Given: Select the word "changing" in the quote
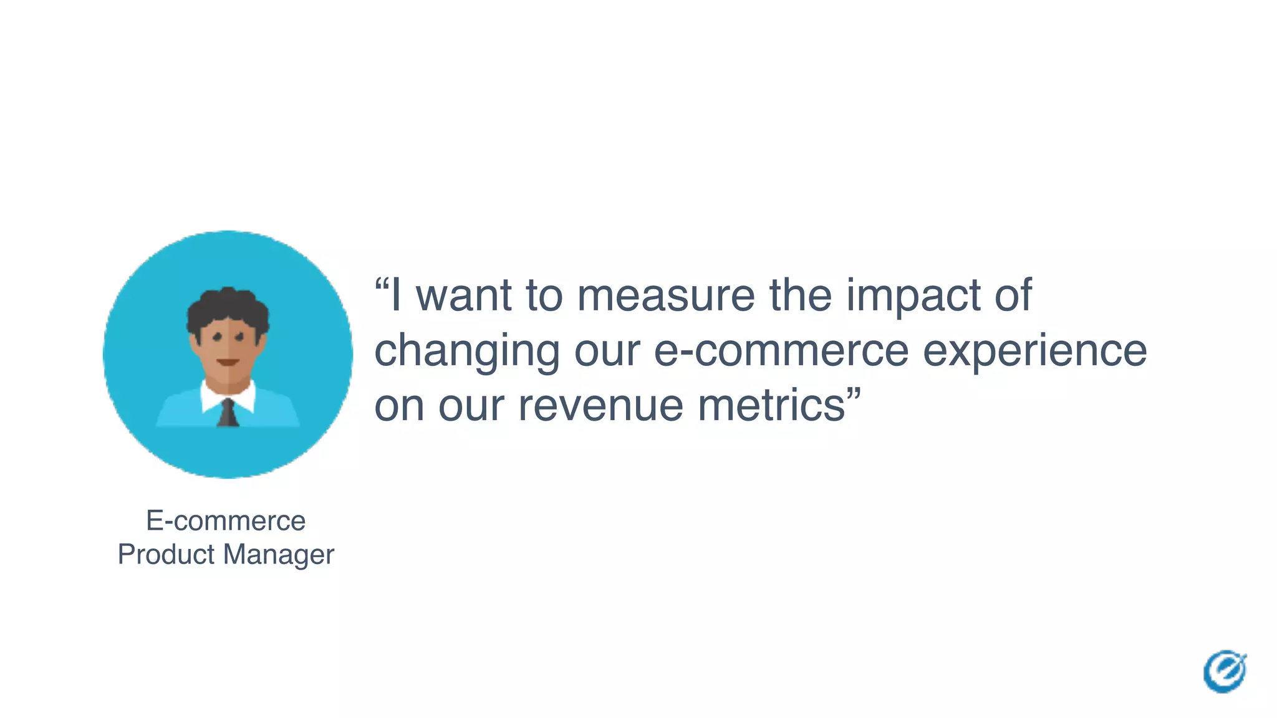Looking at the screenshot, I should [467, 351].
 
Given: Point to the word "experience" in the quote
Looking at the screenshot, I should [1034, 351].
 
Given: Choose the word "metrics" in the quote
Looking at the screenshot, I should [771, 406].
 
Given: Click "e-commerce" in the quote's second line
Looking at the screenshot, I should [781, 351].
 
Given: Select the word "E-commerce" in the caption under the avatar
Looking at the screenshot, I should [226, 520].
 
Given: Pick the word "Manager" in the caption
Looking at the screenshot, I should [279, 555].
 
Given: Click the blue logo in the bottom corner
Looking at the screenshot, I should [1225, 671].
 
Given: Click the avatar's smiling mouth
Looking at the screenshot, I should [228, 362].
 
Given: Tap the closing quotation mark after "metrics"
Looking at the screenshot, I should [854, 394].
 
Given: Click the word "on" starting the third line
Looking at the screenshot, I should [399, 406].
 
